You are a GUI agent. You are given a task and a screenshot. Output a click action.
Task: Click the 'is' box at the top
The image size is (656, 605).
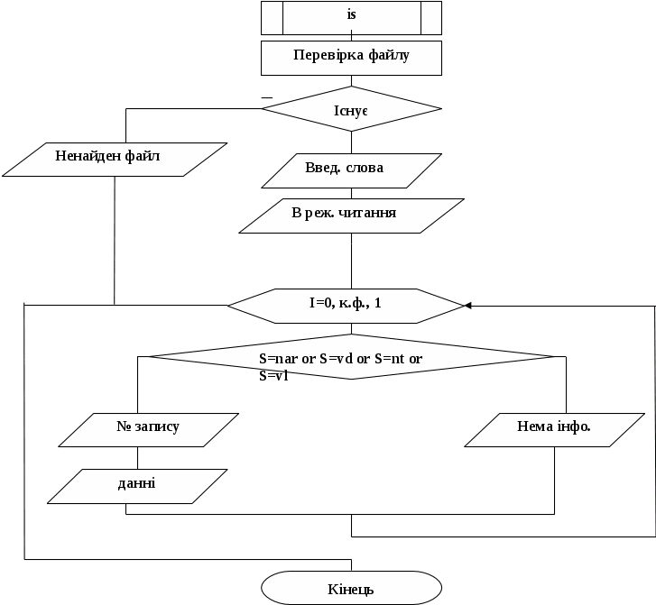[351, 17]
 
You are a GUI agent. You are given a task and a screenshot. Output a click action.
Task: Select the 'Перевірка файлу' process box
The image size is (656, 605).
[351, 58]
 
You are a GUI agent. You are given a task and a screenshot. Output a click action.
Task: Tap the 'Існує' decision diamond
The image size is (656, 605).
[351, 109]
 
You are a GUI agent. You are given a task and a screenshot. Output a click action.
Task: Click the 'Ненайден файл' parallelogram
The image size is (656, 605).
[113, 158]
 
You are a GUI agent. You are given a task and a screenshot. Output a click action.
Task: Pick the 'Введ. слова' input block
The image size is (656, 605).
[351, 170]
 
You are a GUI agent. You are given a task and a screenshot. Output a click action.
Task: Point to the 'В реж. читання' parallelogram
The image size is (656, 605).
[351, 215]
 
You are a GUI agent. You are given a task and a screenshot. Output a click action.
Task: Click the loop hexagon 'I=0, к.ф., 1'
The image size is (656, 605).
[345, 306]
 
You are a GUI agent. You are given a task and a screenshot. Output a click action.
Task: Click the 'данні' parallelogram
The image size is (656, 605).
[136, 485]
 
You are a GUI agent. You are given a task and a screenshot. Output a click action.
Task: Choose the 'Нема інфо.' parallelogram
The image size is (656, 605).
[554, 429]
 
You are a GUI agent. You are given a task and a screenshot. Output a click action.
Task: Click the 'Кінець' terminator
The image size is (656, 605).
[351, 590]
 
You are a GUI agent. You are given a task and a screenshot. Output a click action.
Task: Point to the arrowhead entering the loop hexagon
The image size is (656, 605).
[467, 306]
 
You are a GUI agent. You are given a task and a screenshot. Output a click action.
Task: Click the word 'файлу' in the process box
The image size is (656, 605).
[389, 56]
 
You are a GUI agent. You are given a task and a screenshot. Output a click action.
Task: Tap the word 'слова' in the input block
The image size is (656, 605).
[365, 168]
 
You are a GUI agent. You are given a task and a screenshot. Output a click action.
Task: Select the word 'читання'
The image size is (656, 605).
[370, 214]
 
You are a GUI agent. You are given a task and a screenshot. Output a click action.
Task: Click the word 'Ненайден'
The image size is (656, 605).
[84, 156]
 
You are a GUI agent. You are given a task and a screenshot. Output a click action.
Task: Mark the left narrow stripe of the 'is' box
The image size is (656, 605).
[273, 17]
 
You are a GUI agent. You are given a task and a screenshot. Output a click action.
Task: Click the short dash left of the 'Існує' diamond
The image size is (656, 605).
[267, 96]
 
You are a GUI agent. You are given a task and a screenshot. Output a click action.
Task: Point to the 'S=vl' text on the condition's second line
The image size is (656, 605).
[273, 375]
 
